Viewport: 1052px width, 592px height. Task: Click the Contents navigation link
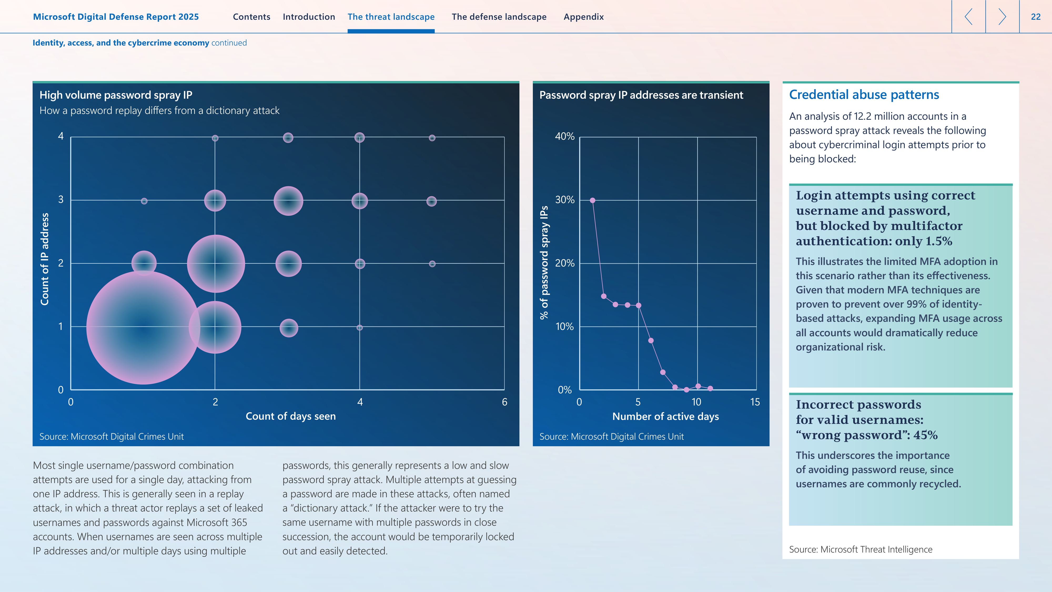(x=252, y=17)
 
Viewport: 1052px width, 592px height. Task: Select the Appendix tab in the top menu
(x=584, y=17)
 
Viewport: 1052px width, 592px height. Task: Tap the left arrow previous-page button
(x=968, y=17)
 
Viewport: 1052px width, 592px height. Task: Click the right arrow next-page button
(x=1002, y=17)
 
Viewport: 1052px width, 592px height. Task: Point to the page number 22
(x=1036, y=17)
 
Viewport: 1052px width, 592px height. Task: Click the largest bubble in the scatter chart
(x=143, y=327)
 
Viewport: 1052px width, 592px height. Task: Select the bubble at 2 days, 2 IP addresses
(x=216, y=264)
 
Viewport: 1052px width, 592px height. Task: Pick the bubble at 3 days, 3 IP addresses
(x=288, y=200)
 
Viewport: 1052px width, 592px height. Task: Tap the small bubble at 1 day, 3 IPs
(x=144, y=201)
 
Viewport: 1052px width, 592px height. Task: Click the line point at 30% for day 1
(x=592, y=200)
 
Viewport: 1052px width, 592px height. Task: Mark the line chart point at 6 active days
(x=651, y=340)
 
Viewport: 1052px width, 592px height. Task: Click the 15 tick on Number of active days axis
(x=755, y=402)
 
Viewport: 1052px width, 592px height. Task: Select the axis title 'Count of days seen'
(x=291, y=416)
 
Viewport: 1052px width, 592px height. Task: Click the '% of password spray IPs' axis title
(x=544, y=262)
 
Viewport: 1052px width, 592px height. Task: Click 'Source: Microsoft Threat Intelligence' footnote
(x=861, y=550)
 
